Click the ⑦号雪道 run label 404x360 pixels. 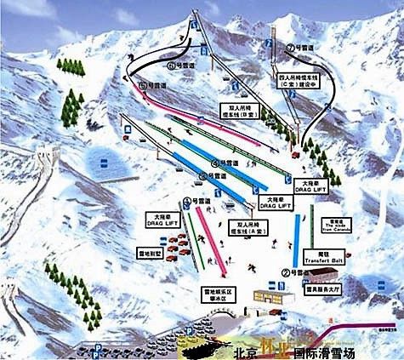[301, 48]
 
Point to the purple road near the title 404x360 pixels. [357, 334]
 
